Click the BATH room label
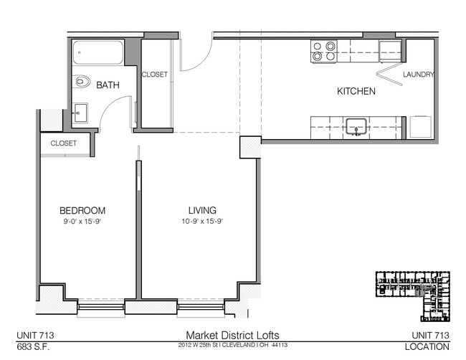pos(108,85)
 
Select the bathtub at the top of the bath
pos(98,52)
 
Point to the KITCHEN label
pos(356,92)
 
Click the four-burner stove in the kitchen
pos(324,52)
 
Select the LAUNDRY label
pos(418,75)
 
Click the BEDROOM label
pos(82,211)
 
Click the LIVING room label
pos(202,211)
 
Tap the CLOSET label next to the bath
pos(155,75)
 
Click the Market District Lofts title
pos(232,335)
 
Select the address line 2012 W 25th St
pos(232,346)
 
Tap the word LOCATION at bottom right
pos(428,346)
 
